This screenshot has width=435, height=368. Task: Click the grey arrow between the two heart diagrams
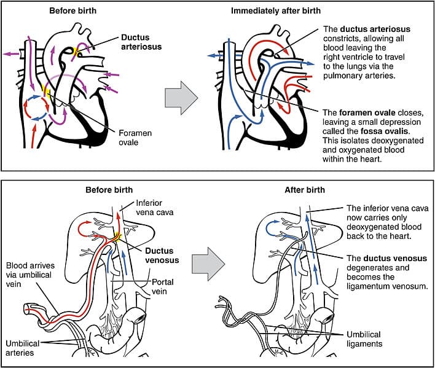tap(182, 96)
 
